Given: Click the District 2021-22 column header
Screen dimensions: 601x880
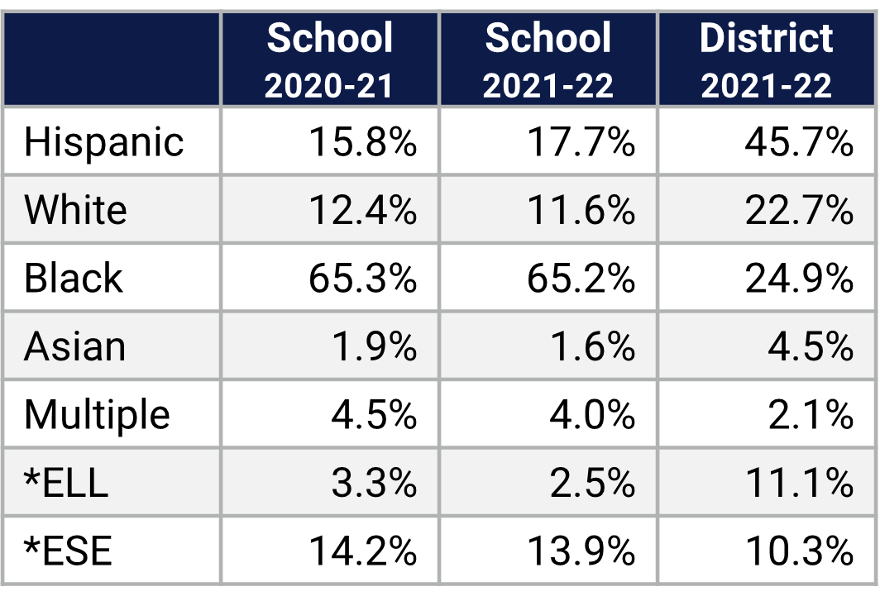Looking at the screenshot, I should (x=767, y=60).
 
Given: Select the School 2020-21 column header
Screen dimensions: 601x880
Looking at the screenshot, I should (x=329, y=60).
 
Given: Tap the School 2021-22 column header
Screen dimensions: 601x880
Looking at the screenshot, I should (x=548, y=60).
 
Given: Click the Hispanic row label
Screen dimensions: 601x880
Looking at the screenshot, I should (x=103, y=142).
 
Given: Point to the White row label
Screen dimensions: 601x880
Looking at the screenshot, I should (x=75, y=210).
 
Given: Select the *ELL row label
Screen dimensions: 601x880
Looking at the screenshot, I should (x=67, y=483).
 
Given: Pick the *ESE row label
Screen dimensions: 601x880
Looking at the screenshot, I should (x=68, y=551).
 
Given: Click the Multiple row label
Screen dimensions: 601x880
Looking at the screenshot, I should (x=97, y=414).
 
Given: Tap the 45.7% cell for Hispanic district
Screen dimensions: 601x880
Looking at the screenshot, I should (x=798, y=142).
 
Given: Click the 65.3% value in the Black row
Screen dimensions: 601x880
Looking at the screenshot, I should (x=362, y=279).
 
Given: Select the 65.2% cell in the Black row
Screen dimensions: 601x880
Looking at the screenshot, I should (x=581, y=279).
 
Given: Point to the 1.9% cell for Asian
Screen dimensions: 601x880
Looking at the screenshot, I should (x=374, y=346).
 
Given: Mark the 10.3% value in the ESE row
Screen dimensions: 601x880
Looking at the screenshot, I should (x=798, y=551).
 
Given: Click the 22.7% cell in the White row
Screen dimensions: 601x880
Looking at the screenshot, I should (x=798, y=210).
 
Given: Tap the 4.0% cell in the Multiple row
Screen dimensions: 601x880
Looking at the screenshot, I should (x=592, y=414).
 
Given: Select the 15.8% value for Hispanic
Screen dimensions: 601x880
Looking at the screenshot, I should (x=362, y=142).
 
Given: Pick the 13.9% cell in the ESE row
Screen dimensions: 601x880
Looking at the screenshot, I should (x=581, y=551).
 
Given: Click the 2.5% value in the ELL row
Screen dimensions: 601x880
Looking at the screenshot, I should (x=592, y=483).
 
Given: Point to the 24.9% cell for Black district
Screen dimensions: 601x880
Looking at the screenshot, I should (x=798, y=279).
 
